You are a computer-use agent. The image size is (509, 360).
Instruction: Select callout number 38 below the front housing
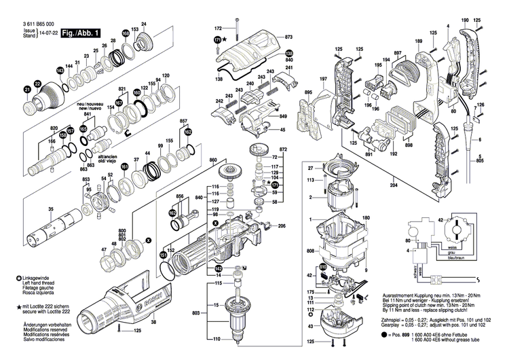tap(153, 322)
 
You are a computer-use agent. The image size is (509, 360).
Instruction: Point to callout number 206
tap(282, 226)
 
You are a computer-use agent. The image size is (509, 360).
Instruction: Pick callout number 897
tap(396, 52)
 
